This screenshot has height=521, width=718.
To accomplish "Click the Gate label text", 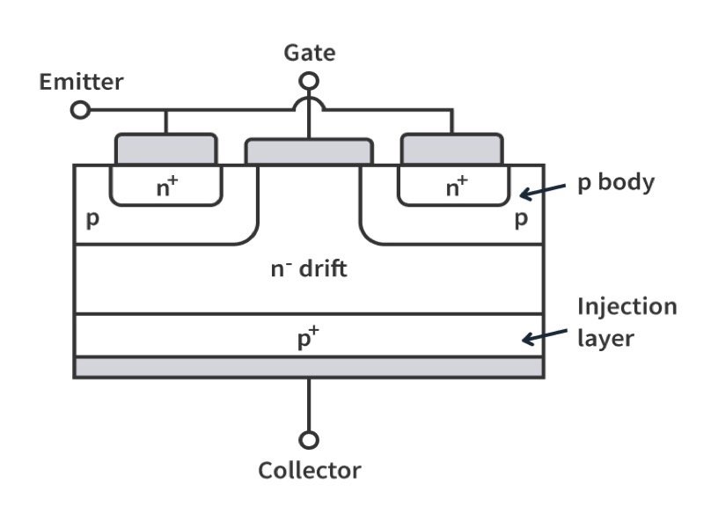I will (x=309, y=53).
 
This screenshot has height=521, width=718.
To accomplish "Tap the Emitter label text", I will (x=81, y=83).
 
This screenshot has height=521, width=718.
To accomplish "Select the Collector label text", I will (x=309, y=470).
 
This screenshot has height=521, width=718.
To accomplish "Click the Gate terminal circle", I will (x=309, y=82).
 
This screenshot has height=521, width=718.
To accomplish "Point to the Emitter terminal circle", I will (x=80, y=110).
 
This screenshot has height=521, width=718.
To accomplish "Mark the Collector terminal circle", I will (x=309, y=439).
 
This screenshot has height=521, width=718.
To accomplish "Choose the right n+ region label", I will (x=456, y=186).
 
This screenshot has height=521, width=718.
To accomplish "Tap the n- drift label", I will (x=308, y=268).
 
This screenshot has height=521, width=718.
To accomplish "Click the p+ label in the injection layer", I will (x=307, y=339).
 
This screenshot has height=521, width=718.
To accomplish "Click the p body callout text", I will (x=616, y=184).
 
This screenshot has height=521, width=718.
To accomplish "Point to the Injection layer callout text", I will (x=626, y=321).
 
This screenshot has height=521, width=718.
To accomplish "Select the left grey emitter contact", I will (x=166, y=149).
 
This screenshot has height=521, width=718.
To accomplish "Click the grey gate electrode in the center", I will (x=309, y=151).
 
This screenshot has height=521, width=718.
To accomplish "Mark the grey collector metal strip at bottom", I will (x=308, y=367).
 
